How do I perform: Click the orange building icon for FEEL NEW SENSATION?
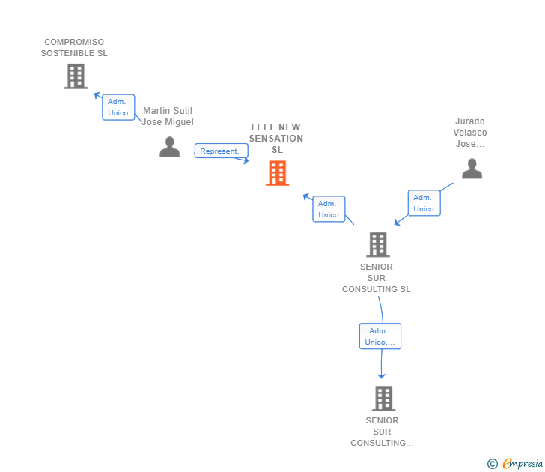277,173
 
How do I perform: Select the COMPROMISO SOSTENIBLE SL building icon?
76,76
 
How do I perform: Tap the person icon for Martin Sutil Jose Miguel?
170,146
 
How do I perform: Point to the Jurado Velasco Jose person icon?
472,169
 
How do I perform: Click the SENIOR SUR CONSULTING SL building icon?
378,244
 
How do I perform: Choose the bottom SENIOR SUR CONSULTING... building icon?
384,399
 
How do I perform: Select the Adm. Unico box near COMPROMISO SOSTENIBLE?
118,107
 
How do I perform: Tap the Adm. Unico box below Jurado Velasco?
424,203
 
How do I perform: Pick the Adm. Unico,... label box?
380,336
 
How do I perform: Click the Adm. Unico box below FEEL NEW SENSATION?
329,209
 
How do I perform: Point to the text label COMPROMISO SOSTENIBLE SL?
74,48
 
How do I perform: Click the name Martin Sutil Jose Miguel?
168,116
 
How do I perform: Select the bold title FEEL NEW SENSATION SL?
276,138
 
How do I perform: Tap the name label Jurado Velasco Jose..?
470,132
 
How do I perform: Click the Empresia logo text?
523,463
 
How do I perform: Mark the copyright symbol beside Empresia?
493,464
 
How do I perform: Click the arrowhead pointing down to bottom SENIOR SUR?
381,376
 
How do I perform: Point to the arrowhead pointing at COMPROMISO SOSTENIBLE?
97,95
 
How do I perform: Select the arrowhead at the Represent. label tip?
246,160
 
